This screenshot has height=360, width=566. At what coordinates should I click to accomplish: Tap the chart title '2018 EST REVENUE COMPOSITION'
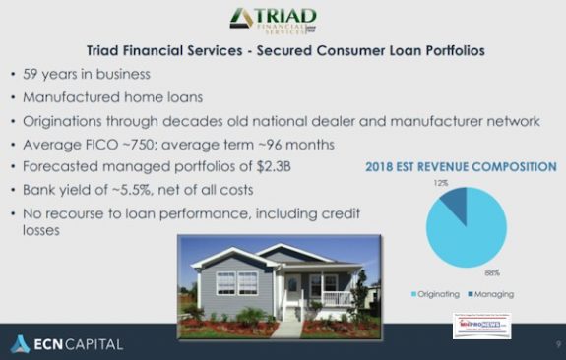(460, 167)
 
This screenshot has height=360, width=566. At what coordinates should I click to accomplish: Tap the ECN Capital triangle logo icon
(20, 343)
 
